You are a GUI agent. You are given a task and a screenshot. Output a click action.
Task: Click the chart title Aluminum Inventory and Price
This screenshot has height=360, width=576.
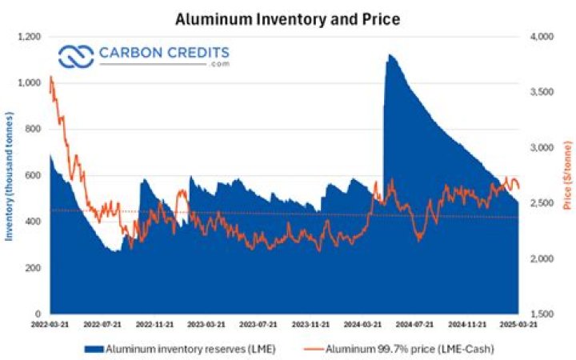tap(288, 17)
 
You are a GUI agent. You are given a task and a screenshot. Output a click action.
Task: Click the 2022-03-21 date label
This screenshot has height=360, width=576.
tap(50, 325)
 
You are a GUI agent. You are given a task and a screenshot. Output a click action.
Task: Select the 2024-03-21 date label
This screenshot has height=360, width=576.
tap(363, 325)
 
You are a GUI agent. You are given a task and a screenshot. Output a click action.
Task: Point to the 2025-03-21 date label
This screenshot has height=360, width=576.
tap(518, 325)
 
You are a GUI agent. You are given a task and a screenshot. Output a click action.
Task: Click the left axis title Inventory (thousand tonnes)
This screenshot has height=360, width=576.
tap(10, 174)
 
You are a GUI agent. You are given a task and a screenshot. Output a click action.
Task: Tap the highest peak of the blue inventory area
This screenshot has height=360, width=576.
tap(389, 55)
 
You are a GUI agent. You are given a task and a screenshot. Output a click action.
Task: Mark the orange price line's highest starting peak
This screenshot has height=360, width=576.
tap(51, 77)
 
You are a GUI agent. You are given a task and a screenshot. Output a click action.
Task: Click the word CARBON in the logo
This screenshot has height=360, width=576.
tap(130, 54)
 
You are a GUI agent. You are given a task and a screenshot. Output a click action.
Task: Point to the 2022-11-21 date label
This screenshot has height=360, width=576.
tap(154, 325)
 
